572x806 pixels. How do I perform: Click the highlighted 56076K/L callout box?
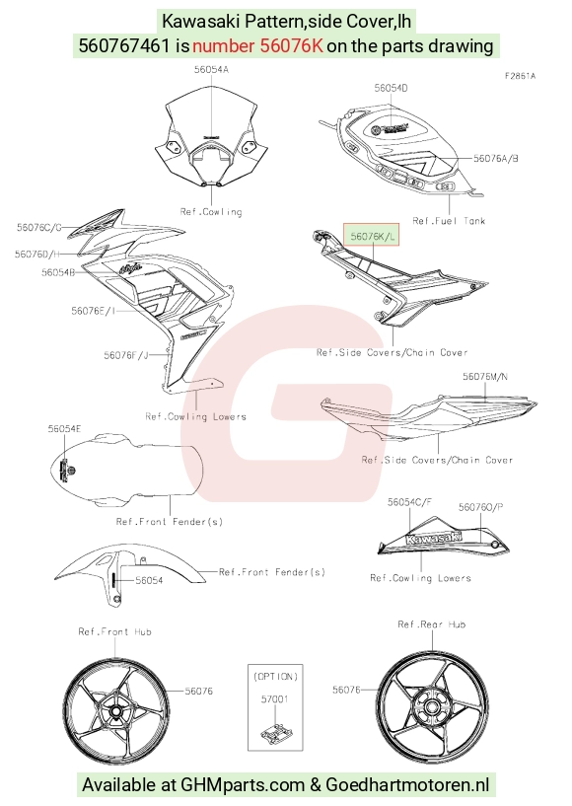coord(371,236)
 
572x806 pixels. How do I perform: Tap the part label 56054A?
coord(211,69)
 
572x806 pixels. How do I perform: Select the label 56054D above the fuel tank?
coord(391,88)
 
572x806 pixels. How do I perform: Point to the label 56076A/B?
coord(496,158)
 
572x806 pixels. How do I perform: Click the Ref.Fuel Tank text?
coord(449,221)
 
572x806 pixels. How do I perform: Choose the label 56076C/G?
coord(39,227)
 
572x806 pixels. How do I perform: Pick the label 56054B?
coord(58,272)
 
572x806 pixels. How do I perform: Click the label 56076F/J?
coord(125,355)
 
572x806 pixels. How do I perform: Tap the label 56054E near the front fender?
coord(64,429)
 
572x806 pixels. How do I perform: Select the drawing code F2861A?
coord(520,76)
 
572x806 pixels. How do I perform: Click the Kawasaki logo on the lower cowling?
coord(434,538)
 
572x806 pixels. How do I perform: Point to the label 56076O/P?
coord(480,507)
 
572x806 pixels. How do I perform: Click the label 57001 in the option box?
coord(275,699)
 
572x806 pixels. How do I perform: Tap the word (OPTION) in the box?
coord(275,677)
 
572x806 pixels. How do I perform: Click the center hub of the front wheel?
coord(116,712)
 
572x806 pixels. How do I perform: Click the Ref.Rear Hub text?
coord(432,624)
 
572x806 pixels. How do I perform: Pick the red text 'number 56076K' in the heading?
coord(258,45)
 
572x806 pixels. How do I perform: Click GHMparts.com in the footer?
coord(243,785)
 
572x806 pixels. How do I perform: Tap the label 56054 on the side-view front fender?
coord(149,580)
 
